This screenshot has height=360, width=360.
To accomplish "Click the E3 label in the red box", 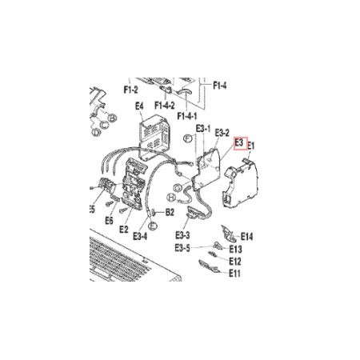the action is [x=239, y=143].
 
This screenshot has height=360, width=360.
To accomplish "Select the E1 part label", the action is [x=251, y=146].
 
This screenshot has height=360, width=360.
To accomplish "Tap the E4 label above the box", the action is [x=139, y=106].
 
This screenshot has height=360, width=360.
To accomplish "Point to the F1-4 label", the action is [x=220, y=86].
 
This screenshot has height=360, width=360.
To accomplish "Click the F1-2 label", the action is [x=130, y=90].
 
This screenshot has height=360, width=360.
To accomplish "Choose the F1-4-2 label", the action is [x=165, y=106].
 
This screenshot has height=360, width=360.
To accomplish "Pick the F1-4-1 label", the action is [x=187, y=116].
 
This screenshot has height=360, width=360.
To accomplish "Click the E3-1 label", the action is [x=203, y=129].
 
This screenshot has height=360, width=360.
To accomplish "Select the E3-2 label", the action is [x=222, y=133].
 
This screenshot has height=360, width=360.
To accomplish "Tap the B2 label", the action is [x=170, y=212].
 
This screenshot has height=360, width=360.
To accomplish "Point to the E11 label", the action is [x=234, y=274].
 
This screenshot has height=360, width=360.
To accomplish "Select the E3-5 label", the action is [x=182, y=248].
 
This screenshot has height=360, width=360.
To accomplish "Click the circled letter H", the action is [x=171, y=198].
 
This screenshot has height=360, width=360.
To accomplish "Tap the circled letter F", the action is [x=188, y=138].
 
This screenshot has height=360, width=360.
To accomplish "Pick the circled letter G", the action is [x=178, y=188].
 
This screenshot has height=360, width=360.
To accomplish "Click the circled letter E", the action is [x=153, y=226].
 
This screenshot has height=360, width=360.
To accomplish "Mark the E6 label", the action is [x=109, y=220].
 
